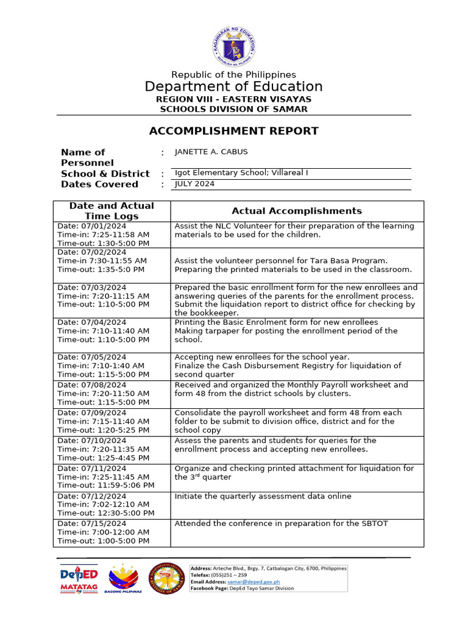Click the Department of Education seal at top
234,47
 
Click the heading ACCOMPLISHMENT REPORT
234,131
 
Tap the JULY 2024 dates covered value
194,183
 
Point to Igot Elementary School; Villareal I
241,172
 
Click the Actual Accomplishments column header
297,211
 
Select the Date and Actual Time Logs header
112,211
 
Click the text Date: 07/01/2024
92,226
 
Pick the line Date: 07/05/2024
92,357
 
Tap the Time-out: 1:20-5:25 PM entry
103,430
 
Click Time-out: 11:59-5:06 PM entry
105,485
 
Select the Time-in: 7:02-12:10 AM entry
103,505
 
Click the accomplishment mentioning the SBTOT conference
281,523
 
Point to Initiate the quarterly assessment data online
263,496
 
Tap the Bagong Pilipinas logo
124,578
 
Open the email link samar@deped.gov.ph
252,582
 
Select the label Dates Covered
99,184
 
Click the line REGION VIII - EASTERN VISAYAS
234,99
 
